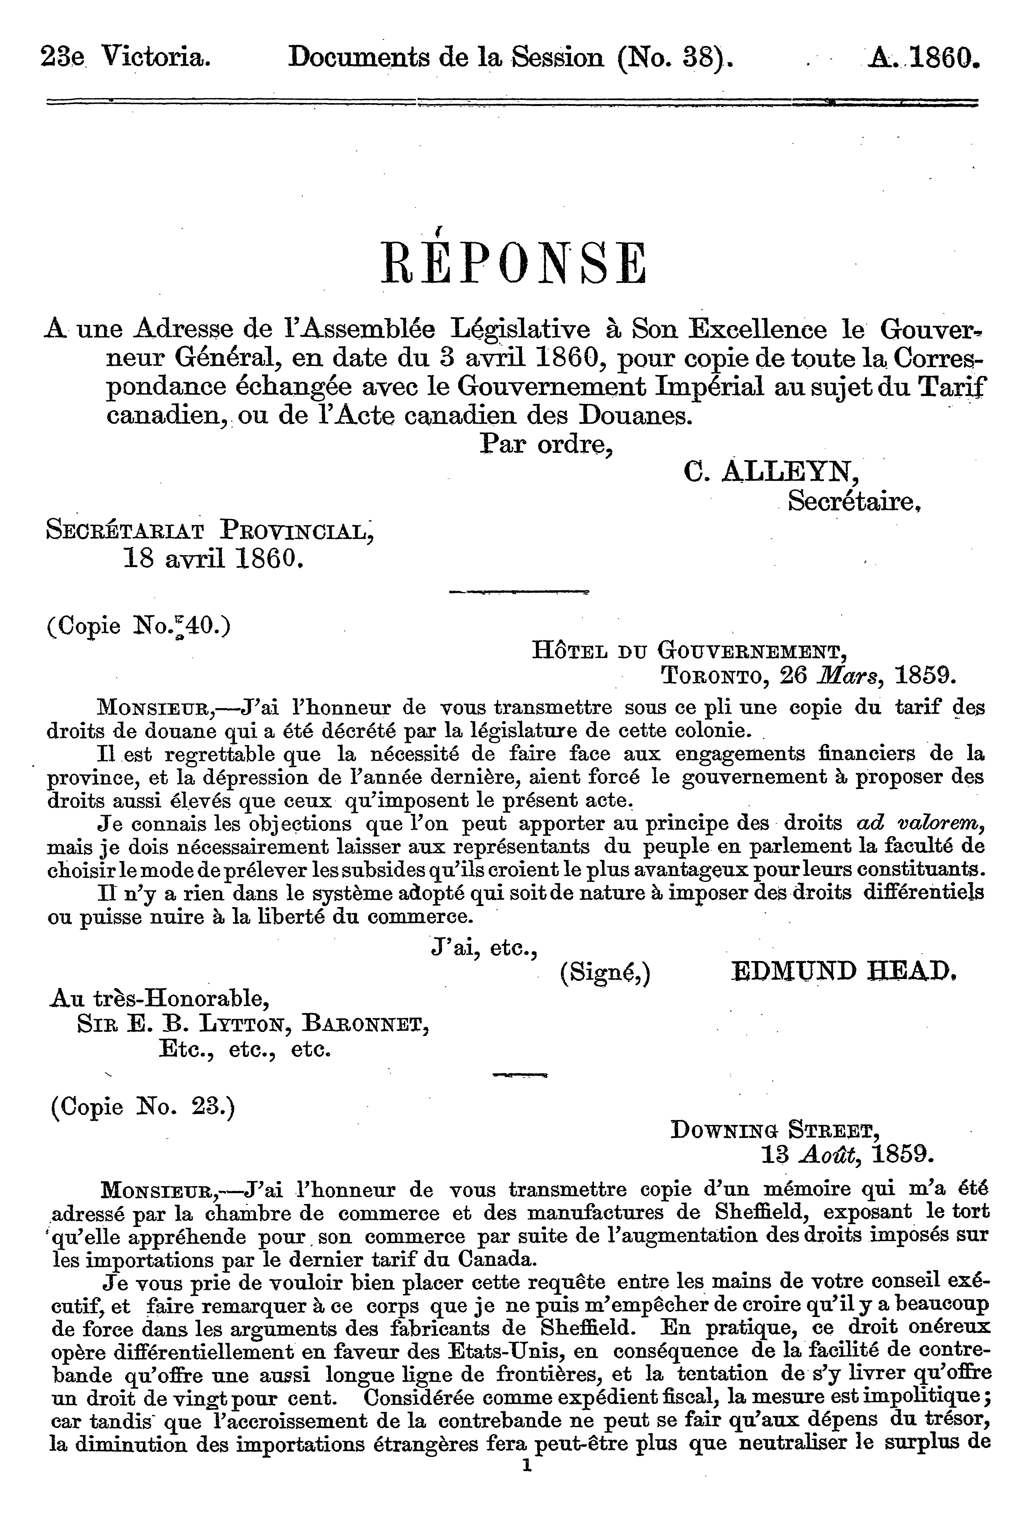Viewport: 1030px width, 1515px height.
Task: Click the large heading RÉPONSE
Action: [514, 263]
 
